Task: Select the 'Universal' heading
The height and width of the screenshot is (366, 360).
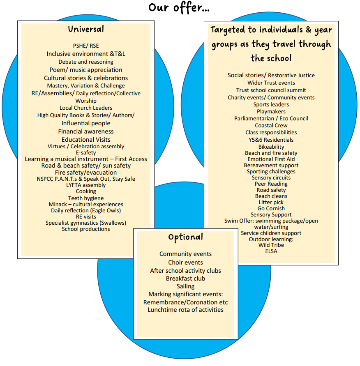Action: (86, 29)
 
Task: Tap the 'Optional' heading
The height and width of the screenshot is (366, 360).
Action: (185, 237)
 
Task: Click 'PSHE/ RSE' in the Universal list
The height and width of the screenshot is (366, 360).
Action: (86, 46)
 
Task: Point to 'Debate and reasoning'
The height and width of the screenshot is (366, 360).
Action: (86, 62)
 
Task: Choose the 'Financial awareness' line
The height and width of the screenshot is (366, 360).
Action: (86, 131)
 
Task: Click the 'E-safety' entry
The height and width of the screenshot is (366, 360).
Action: (86, 152)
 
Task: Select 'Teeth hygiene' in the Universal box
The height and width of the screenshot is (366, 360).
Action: (86, 198)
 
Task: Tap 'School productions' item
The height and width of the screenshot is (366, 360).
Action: (86, 229)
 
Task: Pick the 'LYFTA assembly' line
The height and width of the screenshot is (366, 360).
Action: (86, 185)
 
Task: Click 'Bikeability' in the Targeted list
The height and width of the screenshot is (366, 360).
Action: (271, 147)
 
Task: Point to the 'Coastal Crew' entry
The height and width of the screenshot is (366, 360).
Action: (271, 125)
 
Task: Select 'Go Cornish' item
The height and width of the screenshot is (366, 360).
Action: (271, 208)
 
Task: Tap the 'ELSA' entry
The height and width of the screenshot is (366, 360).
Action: (271, 251)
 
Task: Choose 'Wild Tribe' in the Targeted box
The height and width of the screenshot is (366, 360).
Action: (271, 245)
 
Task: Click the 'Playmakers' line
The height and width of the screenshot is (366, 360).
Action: (271, 111)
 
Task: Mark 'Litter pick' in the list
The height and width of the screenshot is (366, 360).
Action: (271, 202)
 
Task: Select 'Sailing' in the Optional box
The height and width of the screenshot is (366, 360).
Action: (186, 286)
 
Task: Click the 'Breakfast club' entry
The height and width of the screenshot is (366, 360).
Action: (186, 279)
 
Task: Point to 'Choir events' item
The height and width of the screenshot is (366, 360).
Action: (186, 262)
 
